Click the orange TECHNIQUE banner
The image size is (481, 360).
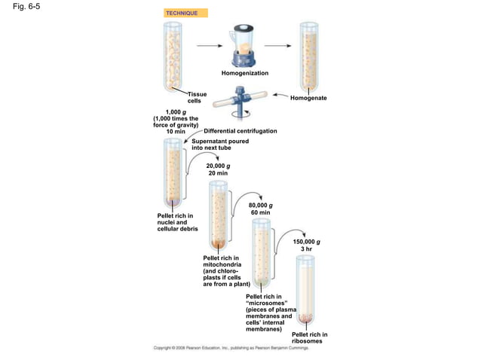[185, 13]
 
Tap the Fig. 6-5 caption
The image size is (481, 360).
[26, 7]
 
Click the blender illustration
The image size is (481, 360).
[243, 46]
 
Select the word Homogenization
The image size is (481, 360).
[245, 73]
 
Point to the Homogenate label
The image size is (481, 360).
[308, 98]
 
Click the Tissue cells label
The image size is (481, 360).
[197, 97]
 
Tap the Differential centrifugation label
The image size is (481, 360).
[240, 131]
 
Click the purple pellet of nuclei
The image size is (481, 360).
[173, 203]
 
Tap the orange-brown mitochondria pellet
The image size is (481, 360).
[218, 244]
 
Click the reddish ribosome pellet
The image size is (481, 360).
[305, 319]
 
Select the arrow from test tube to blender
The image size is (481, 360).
[210, 46]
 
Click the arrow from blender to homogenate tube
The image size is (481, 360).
[278, 46]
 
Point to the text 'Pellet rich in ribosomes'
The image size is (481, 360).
[310, 337]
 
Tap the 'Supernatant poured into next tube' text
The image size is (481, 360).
[220, 145]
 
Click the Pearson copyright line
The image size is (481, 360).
[231, 348]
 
